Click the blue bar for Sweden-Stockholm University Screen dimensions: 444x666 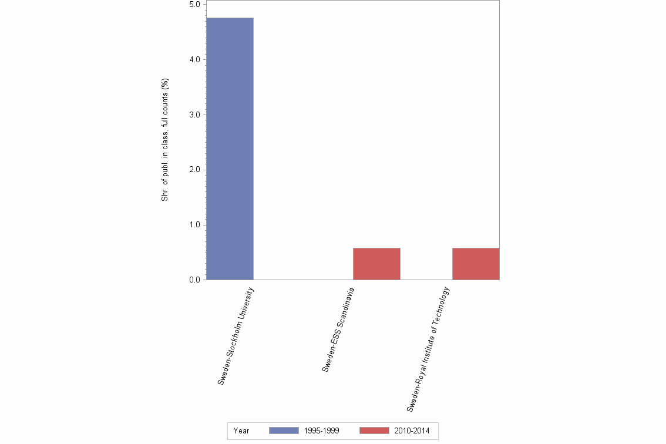[230, 149]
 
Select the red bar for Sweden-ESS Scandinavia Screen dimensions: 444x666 [376, 264]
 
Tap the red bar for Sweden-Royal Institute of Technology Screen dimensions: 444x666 [476, 264]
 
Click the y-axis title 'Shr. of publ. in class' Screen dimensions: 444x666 [165, 140]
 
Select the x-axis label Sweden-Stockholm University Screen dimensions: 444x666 [236, 336]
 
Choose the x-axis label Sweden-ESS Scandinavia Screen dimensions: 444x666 [338, 329]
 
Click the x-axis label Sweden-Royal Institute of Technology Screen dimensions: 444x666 [428, 349]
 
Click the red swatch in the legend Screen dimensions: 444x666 [374, 430]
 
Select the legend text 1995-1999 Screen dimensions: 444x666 [322, 430]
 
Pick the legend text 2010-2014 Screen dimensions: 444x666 [412, 430]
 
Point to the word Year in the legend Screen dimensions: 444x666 [241, 430]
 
